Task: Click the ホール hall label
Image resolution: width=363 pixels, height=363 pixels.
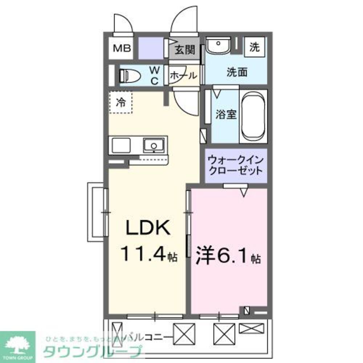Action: tap(184, 76)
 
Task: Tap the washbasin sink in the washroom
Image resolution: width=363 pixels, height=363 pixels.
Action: tap(218, 46)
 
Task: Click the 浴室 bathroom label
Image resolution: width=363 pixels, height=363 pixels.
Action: tap(226, 115)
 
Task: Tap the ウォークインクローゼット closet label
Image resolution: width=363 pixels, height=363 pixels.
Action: tap(236, 165)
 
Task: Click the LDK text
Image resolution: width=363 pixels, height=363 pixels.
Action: tap(147, 229)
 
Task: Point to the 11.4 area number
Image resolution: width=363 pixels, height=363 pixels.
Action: tap(143, 254)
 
